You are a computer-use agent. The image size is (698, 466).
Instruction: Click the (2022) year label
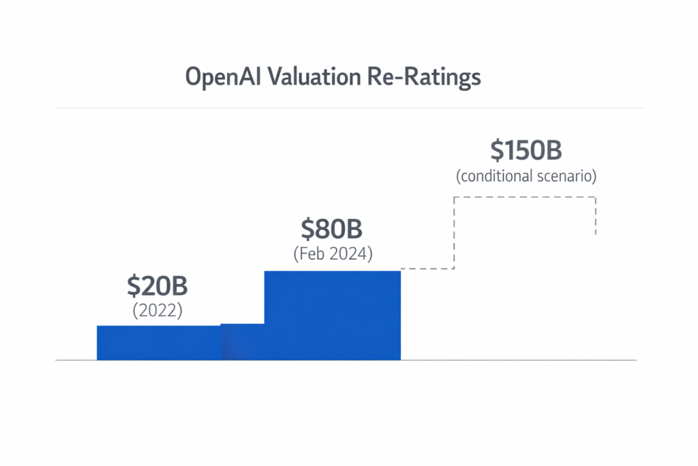click(157, 310)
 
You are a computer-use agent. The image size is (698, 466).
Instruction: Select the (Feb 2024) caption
click(333, 254)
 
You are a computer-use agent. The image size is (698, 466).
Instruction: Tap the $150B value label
click(526, 150)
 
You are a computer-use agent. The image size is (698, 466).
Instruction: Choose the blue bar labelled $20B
click(159, 343)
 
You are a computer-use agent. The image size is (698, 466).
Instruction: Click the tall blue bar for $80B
click(333, 315)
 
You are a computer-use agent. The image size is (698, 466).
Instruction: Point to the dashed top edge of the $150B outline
click(525, 198)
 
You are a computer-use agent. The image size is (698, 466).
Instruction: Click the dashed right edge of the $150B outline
click(596, 216)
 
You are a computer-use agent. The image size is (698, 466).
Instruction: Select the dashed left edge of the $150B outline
click(454, 233)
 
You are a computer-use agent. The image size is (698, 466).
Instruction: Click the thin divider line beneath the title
click(349, 108)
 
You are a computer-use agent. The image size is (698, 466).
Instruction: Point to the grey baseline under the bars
click(518, 360)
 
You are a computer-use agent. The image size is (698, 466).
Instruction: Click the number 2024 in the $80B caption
click(349, 254)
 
